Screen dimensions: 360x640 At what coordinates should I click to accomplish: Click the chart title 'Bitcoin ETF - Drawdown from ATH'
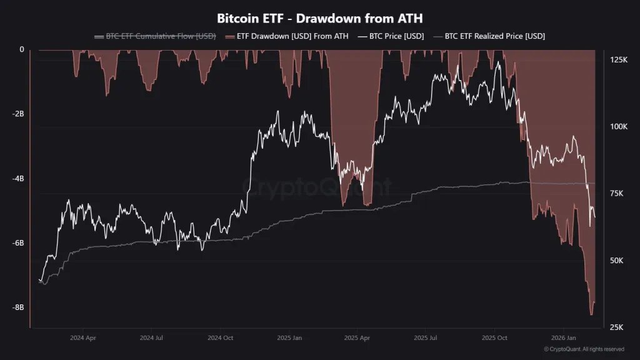coord(319,17)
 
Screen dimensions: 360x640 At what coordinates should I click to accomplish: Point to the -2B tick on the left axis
coord(17,114)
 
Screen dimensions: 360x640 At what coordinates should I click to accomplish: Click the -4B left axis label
coord(17,179)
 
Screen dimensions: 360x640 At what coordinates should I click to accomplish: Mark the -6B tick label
coord(17,242)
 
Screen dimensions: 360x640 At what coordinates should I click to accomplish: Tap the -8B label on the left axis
coord(17,307)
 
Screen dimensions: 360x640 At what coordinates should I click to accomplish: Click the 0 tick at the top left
coord(22,49)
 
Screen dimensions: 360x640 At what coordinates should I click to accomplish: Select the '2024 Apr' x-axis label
coord(83,337)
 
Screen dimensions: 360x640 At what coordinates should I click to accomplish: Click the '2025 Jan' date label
coord(289,337)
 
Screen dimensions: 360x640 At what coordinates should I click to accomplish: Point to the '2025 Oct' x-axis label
coord(494,337)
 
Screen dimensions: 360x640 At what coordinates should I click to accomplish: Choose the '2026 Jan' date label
coord(563,337)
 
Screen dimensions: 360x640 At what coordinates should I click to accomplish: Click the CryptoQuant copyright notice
coord(584,349)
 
